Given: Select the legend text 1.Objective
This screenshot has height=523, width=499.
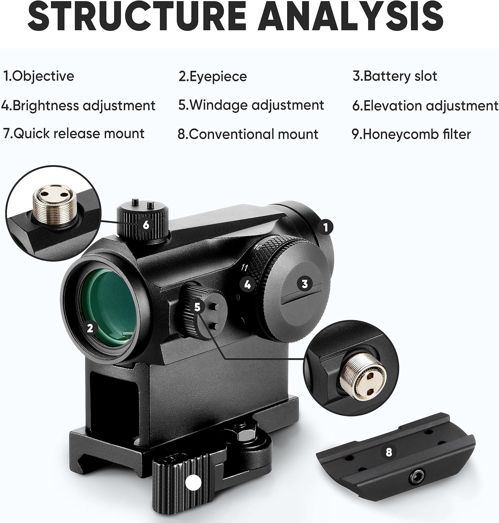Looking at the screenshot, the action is click(x=39, y=76).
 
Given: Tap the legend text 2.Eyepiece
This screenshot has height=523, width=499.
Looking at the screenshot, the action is click(x=213, y=76).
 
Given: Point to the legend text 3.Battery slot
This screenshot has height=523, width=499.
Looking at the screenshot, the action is click(x=395, y=76).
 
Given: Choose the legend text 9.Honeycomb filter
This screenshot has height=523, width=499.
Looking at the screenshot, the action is click(x=411, y=134).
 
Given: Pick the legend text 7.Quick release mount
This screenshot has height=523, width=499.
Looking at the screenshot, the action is click(x=74, y=134).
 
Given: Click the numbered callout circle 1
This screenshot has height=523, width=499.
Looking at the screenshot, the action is click(x=325, y=227).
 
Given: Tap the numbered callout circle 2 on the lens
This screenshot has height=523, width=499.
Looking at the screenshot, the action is click(x=90, y=328).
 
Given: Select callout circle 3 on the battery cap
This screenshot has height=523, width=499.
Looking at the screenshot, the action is click(x=305, y=284).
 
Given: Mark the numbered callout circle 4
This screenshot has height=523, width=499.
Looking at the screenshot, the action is click(x=247, y=284).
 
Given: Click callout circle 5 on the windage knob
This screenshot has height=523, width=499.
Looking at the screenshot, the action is click(x=198, y=307).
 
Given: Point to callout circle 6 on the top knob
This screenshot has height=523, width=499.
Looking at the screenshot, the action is click(x=146, y=225).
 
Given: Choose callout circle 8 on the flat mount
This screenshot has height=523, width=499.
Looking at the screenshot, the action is click(x=389, y=452).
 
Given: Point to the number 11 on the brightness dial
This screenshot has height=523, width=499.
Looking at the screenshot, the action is click(x=245, y=268).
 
